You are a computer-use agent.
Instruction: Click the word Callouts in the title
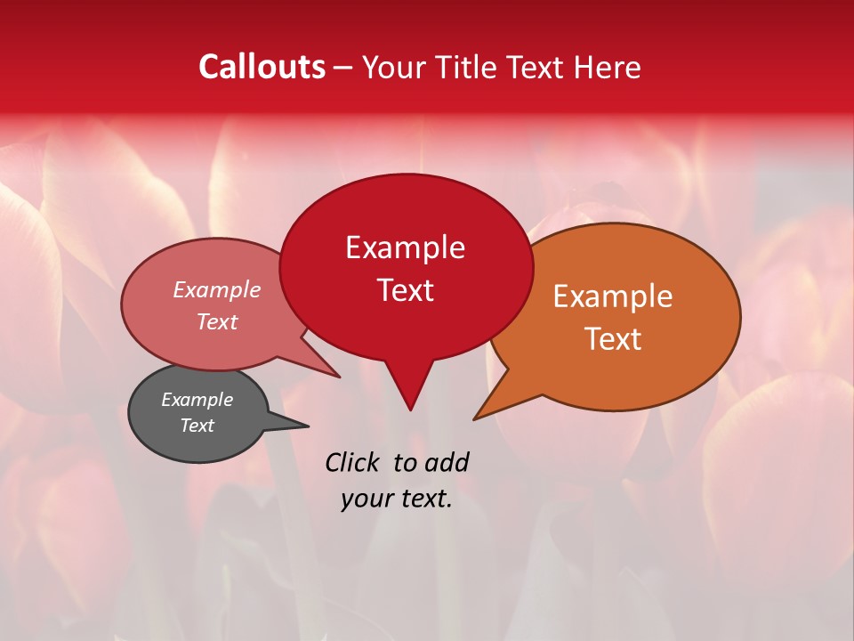[262, 67]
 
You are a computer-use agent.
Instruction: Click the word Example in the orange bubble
[613, 296]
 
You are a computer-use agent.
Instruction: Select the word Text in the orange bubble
[613, 338]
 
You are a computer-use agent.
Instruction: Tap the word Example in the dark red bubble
[405, 247]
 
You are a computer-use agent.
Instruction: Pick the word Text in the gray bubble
[197, 426]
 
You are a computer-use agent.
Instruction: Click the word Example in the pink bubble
[217, 289]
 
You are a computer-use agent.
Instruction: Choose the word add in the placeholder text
[446, 462]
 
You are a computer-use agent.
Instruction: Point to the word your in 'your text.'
[367, 499]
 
